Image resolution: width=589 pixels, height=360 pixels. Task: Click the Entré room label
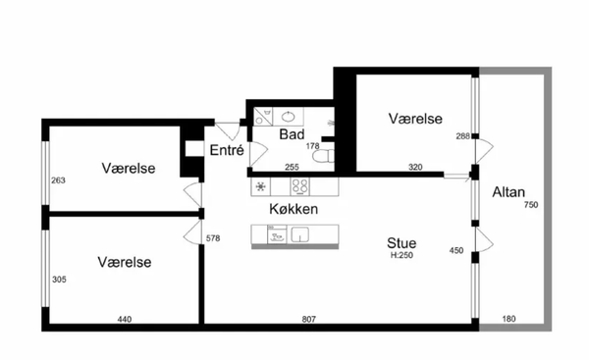tap(227, 150)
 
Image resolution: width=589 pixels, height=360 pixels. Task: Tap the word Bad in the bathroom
tap(292, 134)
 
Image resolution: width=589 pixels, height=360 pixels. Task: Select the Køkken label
tap(294, 209)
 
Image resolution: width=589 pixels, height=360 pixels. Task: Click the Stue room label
tap(402, 243)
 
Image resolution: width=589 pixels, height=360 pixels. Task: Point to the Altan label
tap(509, 192)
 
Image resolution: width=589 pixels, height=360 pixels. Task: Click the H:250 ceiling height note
tap(402, 255)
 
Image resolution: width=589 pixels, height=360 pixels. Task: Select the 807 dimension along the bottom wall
tap(309, 319)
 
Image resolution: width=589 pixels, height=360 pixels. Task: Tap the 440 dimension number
tap(125, 319)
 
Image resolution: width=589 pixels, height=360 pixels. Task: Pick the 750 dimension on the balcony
tap(531, 205)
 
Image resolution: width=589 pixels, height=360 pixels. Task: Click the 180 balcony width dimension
tap(509, 319)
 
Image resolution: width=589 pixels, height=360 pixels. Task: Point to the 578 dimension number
tap(213, 238)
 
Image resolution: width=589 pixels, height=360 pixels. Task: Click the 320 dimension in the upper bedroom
tap(415, 167)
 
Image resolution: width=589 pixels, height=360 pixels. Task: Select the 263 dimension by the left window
tap(58, 180)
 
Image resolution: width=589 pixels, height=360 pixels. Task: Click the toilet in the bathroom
tap(323, 156)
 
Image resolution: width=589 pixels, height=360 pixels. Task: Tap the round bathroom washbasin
tap(288, 117)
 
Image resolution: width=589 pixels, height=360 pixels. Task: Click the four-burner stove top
tap(299, 186)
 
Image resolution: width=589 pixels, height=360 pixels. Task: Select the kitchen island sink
tap(299, 234)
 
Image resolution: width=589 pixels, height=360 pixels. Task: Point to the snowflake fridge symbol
tap(261, 186)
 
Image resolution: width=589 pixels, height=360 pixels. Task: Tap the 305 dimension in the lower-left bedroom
tap(59, 280)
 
